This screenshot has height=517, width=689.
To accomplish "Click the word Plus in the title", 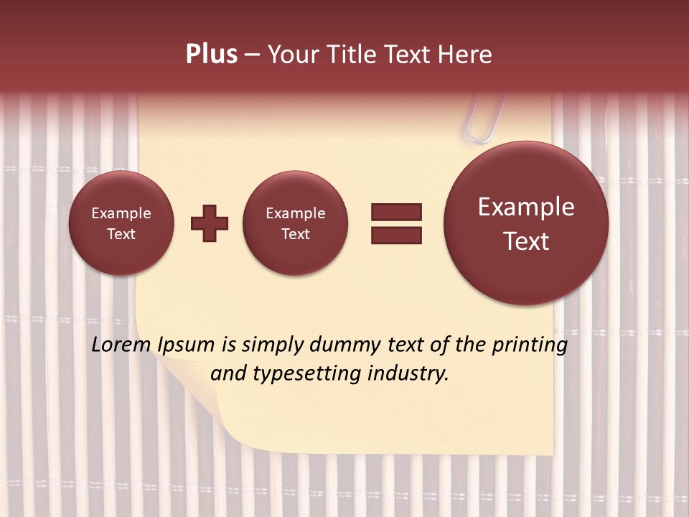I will click(211, 55).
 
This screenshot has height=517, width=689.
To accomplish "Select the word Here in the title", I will click(465, 55).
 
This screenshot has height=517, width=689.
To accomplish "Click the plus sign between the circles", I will click(210, 223).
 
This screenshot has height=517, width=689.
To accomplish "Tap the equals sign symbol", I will click(396, 223).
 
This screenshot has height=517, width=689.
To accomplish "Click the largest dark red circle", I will click(526, 223).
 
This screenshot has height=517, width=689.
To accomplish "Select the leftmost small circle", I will click(121, 223).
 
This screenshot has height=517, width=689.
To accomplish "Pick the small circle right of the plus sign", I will click(296, 223).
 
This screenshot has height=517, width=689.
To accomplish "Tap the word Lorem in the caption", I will click(121, 345).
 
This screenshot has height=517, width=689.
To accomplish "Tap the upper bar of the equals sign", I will click(396, 212).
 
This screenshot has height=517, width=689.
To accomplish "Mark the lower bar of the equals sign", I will click(396, 235).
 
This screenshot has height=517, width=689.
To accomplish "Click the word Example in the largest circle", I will click(526, 207).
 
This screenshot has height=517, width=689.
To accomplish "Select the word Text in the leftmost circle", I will click(121, 234).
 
